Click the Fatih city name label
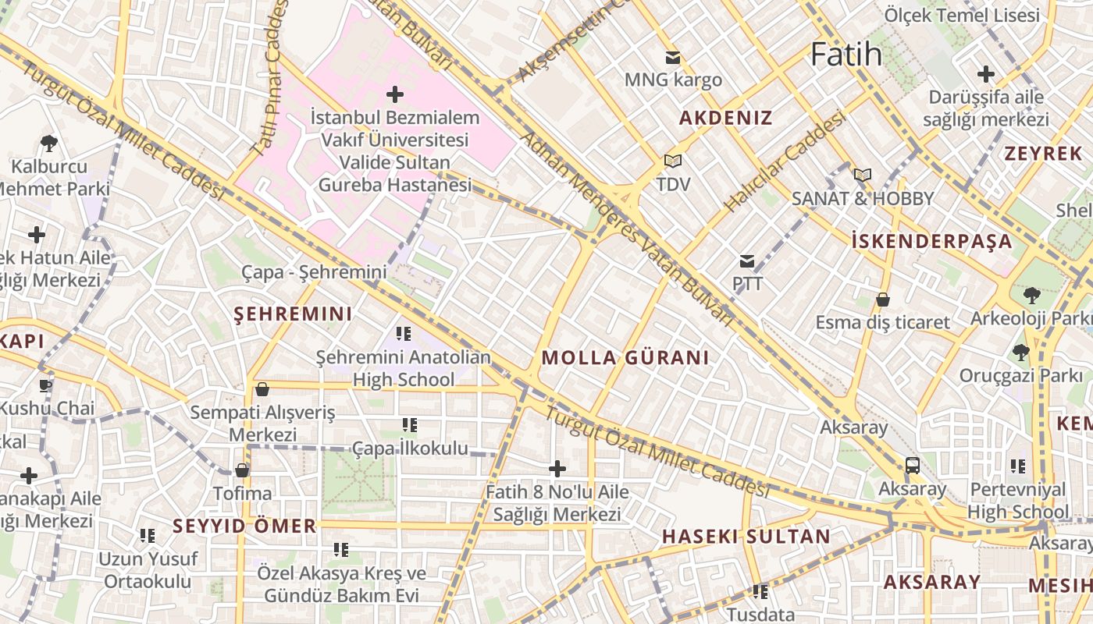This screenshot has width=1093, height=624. click(846, 55)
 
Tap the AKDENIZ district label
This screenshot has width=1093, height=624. click(725, 119)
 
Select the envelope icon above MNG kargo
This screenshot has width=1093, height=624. click(672, 57)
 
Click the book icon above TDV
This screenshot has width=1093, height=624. click(672, 161)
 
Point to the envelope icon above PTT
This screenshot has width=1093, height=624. click(747, 261)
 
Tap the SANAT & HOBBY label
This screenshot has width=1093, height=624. click(862, 198)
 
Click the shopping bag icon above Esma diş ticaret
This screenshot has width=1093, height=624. click(883, 300)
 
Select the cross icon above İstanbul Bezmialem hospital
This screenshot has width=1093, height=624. click(395, 94)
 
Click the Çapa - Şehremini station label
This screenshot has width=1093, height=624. click(314, 272)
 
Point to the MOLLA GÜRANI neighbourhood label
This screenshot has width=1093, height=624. click(625, 358)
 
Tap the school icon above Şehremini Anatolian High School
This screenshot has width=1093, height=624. click(403, 334)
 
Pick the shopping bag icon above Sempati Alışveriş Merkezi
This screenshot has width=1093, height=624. click(262, 388)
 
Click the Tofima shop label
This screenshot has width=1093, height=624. click(243, 493)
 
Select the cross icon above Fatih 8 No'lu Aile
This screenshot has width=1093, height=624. click(557, 468)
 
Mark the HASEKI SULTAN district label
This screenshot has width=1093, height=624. click(746, 537)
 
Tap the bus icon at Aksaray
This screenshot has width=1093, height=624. click(912, 466)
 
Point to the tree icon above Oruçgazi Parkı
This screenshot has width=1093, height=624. click(1020, 352)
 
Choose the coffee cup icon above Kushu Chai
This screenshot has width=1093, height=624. click(46, 385)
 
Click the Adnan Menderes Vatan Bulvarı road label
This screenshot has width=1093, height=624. click(625, 226)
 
